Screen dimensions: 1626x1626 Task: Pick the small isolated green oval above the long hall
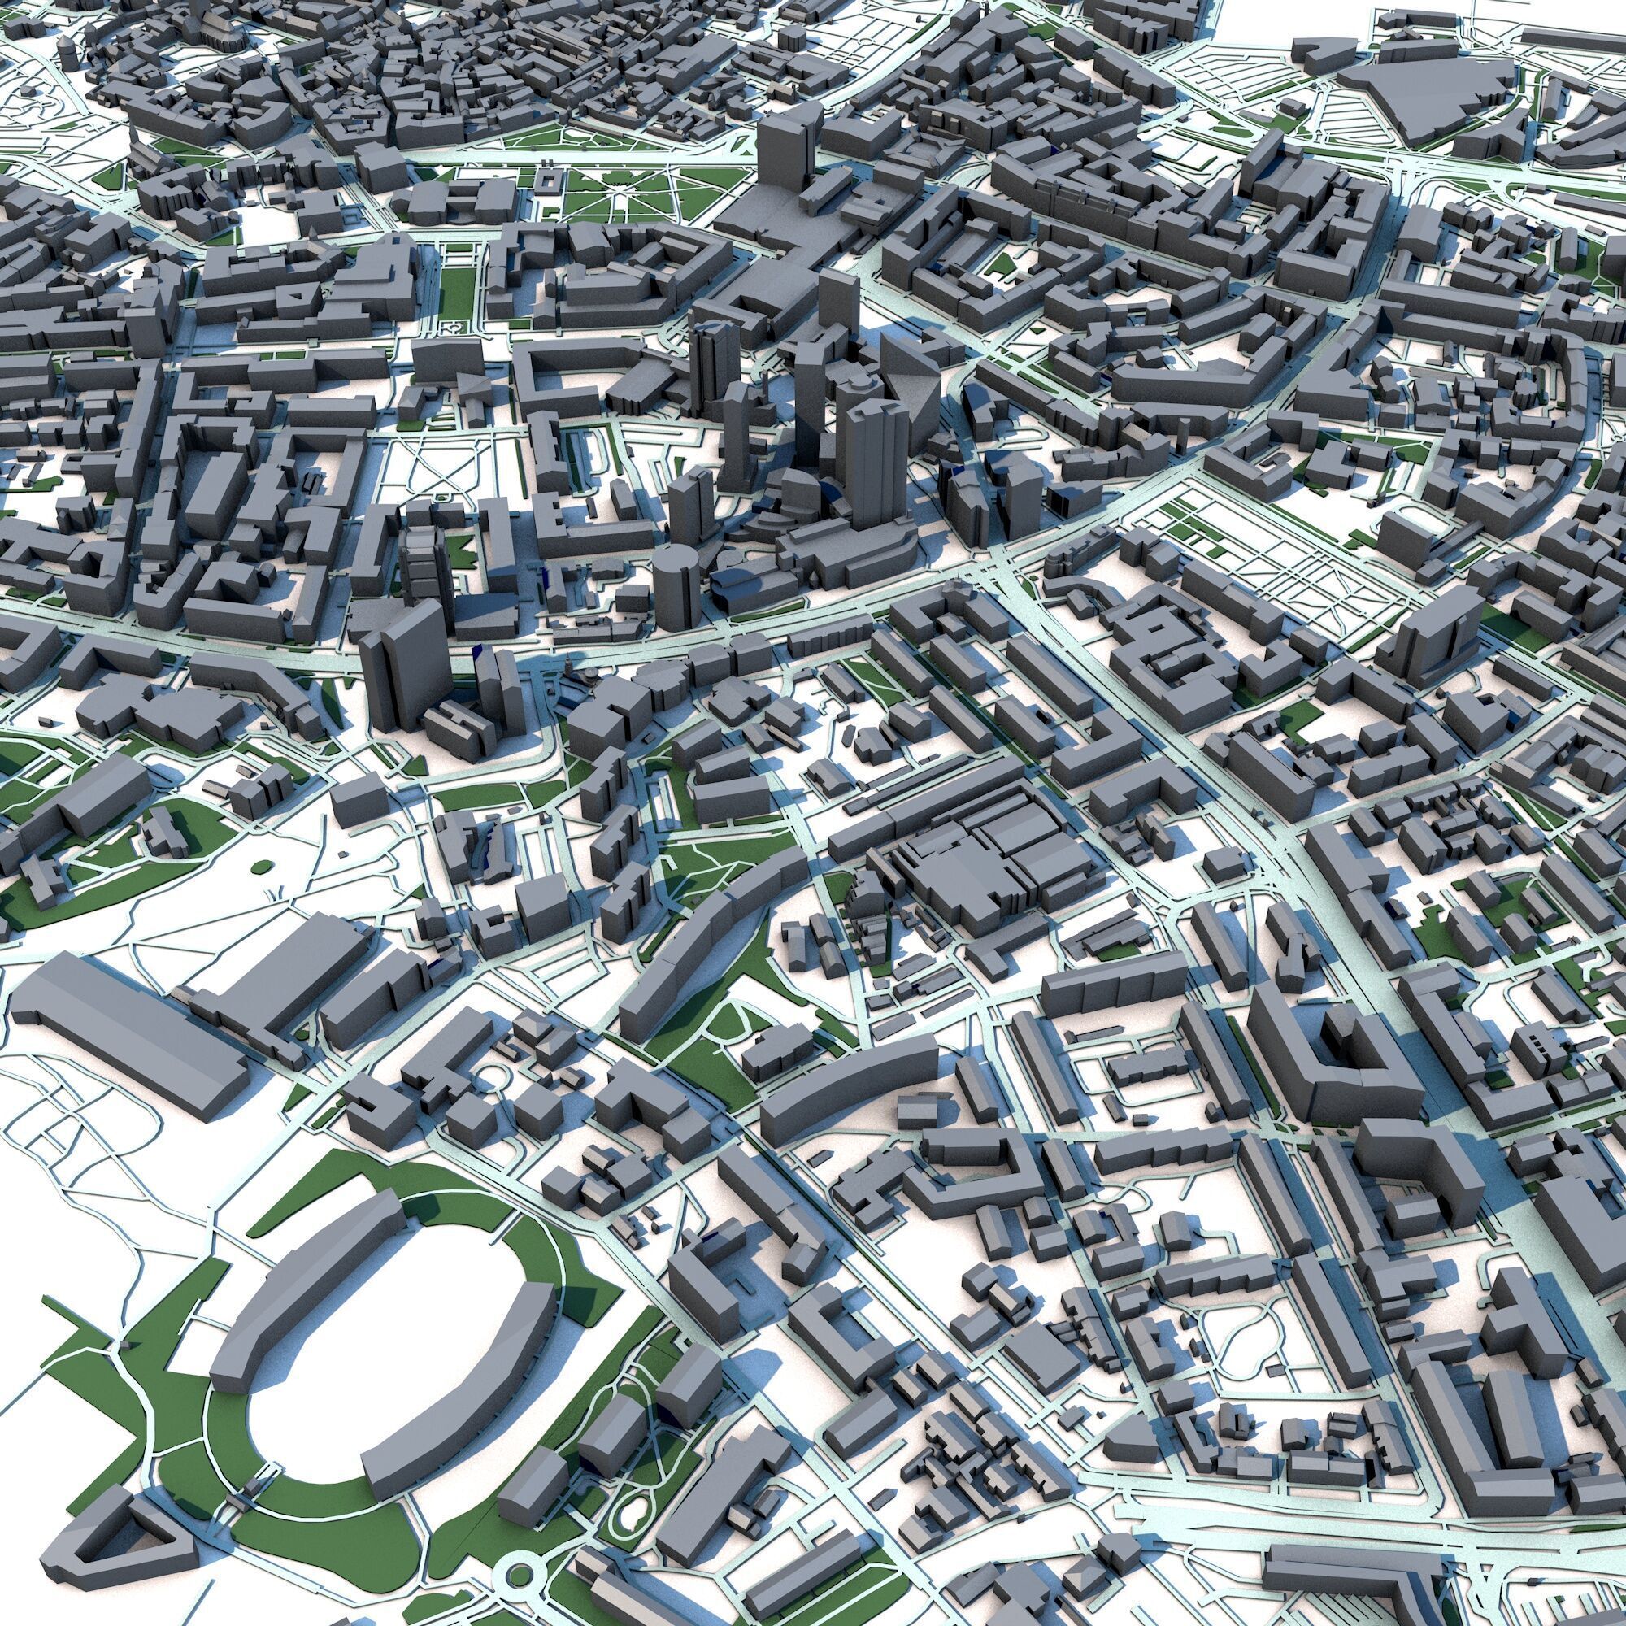point(262,864)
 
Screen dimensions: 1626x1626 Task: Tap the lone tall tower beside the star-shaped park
point(787,151)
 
